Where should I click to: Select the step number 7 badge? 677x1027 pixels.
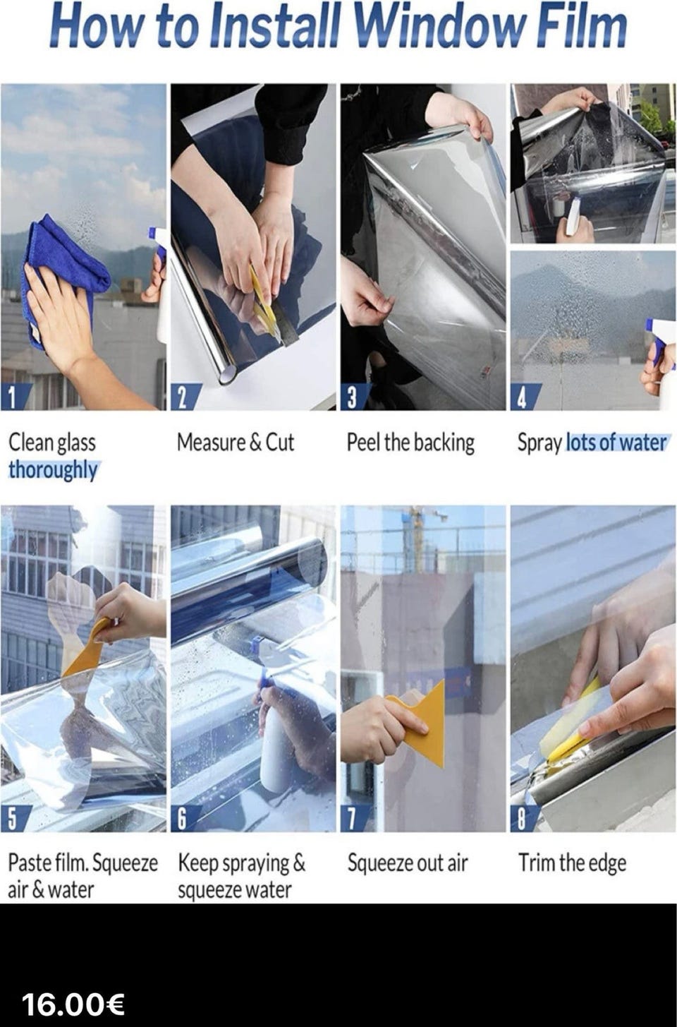(354, 819)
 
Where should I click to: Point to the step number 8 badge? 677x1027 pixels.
(524, 819)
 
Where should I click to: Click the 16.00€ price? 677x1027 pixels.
(73, 1005)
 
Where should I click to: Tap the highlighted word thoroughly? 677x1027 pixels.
(53, 470)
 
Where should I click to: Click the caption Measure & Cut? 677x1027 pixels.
(236, 443)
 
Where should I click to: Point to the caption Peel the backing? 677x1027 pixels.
(410, 443)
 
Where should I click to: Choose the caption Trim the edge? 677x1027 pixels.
(572, 863)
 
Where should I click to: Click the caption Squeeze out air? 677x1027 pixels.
(408, 863)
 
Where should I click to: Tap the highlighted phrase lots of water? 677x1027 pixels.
(616, 443)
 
